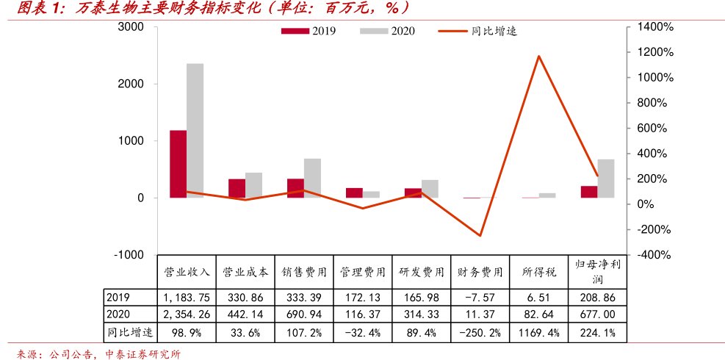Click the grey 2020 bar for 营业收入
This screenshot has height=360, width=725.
pos(195,131)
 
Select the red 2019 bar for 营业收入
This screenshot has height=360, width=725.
pos(178,164)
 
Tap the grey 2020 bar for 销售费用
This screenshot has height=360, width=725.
pos(312,178)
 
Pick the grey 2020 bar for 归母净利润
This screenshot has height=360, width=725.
pos(605,179)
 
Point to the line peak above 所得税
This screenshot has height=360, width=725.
pos(538,56)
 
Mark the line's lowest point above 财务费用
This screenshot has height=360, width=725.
pos(480,236)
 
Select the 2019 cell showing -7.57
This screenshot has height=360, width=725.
pos(480,297)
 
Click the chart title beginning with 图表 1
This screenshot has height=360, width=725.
pos(213,8)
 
